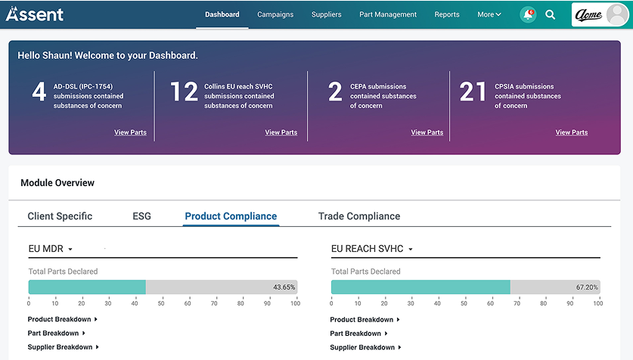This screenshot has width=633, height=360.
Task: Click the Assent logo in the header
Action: (x=35, y=14)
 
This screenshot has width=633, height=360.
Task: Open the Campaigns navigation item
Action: (x=275, y=14)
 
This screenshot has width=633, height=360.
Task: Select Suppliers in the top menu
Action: (x=326, y=14)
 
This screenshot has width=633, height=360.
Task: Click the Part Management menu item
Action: (x=388, y=14)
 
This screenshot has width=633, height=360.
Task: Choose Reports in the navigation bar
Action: (x=447, y=14)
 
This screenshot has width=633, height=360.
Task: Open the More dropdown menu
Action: (x=489, y=14)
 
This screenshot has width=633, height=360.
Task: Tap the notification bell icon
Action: (x=528, y=14)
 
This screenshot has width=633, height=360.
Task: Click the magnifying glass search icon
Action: (x=551, y=14)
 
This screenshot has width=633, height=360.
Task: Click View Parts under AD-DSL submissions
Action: (x=130, y=132)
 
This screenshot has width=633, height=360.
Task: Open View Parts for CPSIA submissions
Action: (x=571, y=132)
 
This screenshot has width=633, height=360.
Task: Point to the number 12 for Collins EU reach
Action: (x=184, y=92)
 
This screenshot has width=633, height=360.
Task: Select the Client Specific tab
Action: (x=60, y=216)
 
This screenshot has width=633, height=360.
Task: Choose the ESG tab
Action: (x=141, y=216)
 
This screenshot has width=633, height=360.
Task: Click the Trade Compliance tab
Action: (x=359, y=216)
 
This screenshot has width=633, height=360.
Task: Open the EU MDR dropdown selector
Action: (x=51, y=249)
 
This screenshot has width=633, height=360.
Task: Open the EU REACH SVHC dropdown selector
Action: (x=373, y=249)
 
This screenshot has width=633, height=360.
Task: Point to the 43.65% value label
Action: (x=284, y=287)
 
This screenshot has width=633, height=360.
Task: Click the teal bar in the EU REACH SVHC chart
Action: (x=420, y=287)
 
